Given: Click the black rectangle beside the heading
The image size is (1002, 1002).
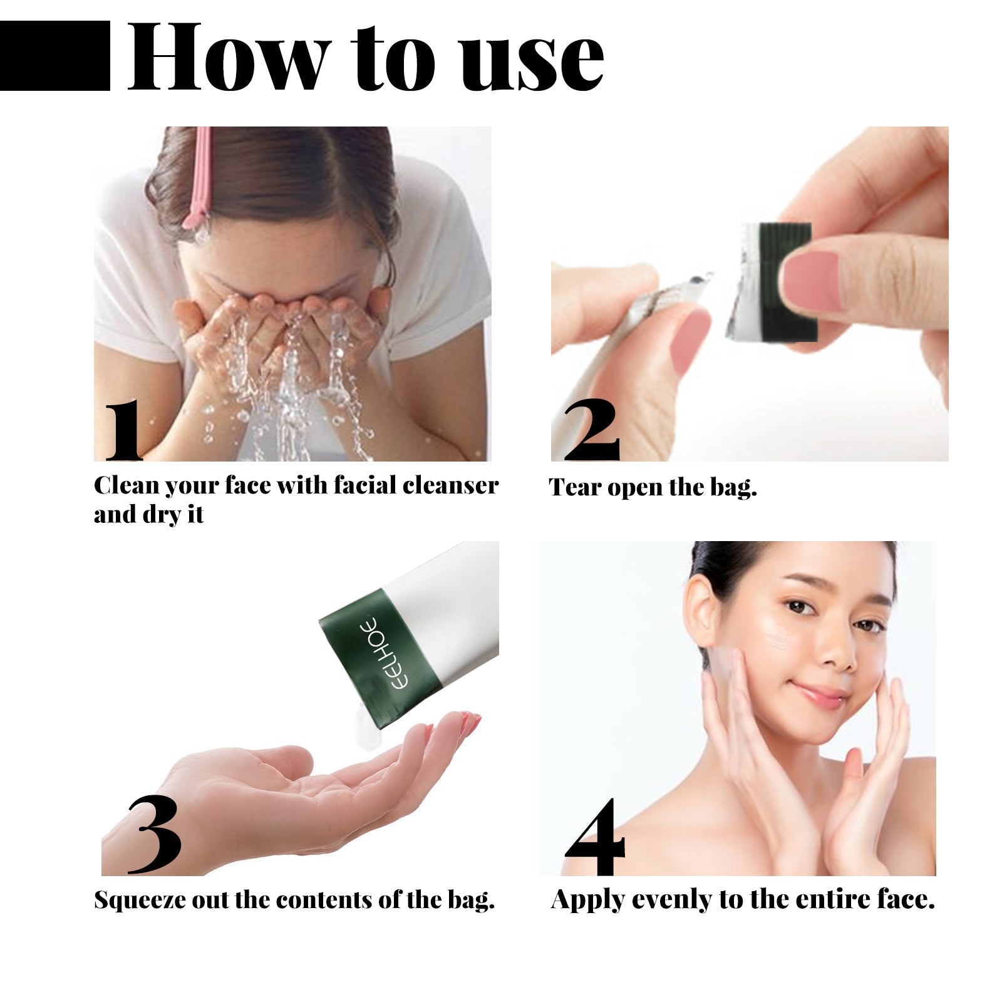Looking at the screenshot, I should coord(55,56).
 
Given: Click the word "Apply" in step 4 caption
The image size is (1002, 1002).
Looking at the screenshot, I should coord(587,901).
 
